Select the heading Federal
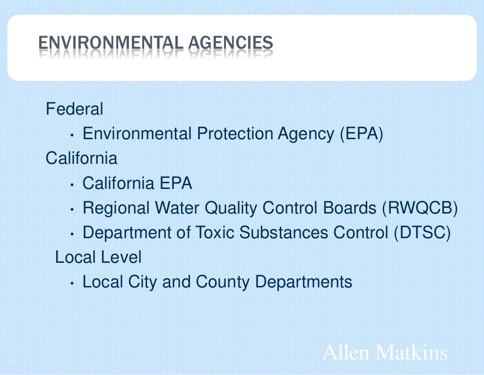pos(74,109)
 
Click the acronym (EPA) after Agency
pos(361,134)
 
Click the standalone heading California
pos(81,158)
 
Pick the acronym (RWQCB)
pos(420,208)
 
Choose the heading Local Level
pos(98,257)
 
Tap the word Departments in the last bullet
pos(304,282)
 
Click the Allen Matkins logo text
pos(385,353)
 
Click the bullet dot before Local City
pos(71,283)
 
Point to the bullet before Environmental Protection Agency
pos(71,135)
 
